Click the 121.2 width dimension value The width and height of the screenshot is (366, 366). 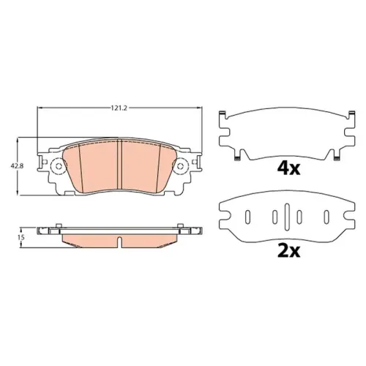[119, 108]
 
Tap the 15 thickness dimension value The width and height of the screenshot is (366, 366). [21, 237]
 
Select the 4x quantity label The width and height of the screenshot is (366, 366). [288, 168]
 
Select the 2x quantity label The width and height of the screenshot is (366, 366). [288, 251]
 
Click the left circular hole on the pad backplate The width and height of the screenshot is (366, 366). [59, 166]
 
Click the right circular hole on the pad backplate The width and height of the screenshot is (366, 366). [180, 166]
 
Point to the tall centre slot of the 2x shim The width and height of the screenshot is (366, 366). [287, 217]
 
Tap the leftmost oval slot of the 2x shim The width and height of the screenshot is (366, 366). [247, 217]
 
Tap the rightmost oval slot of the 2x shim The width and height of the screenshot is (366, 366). [326, 217]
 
